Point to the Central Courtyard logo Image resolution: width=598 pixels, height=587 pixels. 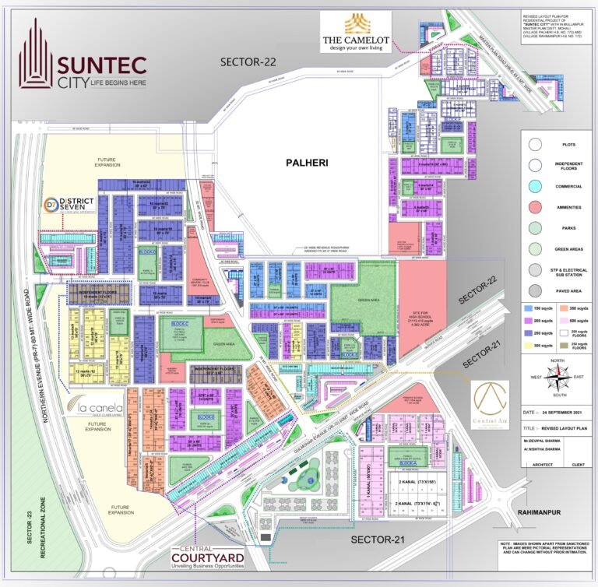pyautogui.click(x=208, y=559)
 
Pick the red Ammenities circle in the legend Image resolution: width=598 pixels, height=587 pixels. pyautogui.click(x=534, y=207)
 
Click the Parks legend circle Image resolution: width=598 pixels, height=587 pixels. pyautogui.click(x=534, y=228)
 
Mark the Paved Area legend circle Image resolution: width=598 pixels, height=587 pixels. pyautogui.click(x=534, y=291)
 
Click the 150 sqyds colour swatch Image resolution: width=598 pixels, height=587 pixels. pyautogui.click(x=528, y=309)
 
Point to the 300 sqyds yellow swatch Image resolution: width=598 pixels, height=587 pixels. pyautogui.click(x=528, y=344)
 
